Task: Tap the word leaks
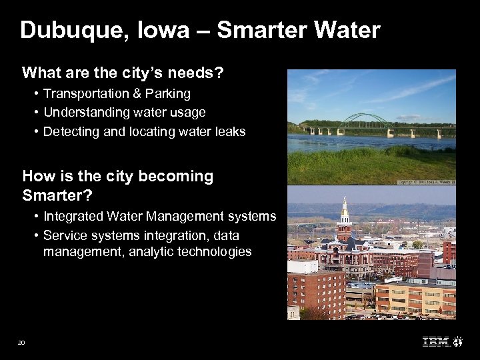pos(229,132)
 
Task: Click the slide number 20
pos(21,343)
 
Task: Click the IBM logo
pos(436,343)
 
